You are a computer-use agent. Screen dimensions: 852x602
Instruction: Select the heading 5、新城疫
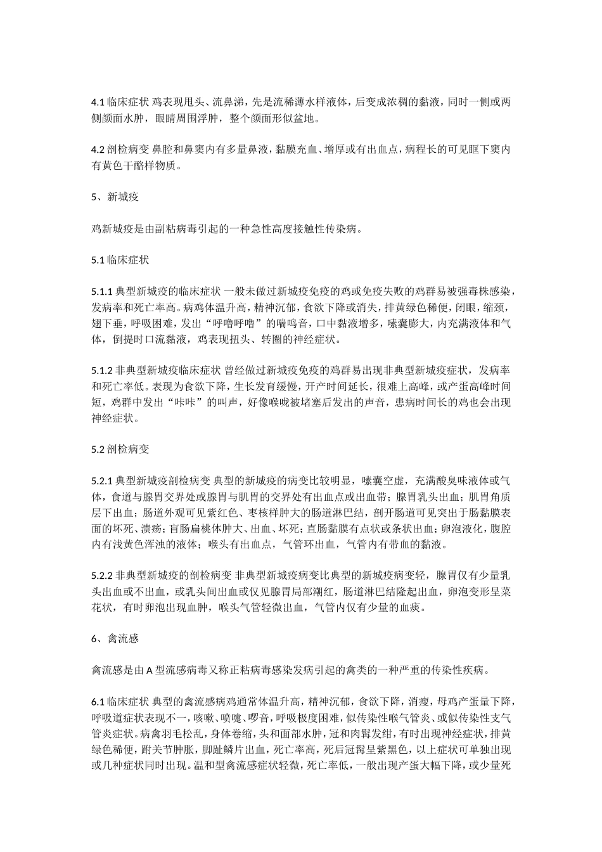(115, 197)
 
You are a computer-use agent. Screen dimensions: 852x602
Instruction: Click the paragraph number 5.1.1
(101, 292)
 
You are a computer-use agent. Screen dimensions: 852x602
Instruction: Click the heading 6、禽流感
(115, 639)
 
